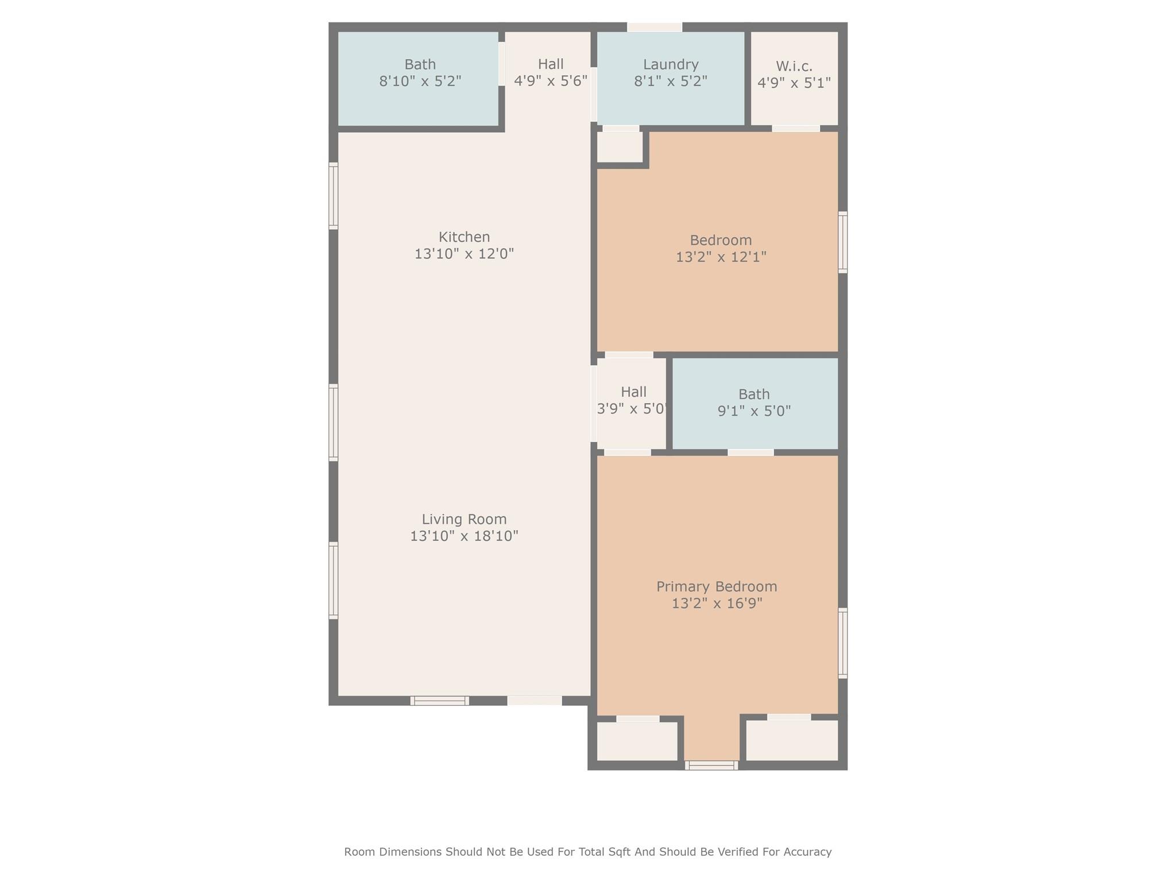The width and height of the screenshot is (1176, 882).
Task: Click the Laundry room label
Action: [670, 64]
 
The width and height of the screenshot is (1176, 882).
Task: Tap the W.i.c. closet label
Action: [794, 66]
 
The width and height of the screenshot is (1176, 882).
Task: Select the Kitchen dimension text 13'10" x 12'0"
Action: [464, 253]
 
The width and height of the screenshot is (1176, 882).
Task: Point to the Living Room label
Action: [464, 519]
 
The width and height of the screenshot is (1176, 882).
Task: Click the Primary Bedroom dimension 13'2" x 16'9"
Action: [717, 603]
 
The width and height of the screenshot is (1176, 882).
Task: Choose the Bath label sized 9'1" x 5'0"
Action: [754, 394]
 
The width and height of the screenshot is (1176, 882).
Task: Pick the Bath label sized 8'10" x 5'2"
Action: [420, 64]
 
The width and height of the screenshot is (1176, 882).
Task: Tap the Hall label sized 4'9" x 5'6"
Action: [551, 64]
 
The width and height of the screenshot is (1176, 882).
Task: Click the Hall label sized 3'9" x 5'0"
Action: [633, 392]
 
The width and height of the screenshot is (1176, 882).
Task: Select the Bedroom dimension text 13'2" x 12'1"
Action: [721, 257]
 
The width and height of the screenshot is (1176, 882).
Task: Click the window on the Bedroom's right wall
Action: [842, 242]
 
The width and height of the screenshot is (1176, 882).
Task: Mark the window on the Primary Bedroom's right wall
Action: [842, 643]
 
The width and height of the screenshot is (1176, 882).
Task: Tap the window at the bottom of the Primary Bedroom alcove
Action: [711, 765]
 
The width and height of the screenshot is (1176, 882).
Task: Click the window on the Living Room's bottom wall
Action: [440, 701]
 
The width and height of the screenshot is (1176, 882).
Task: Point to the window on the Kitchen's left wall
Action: [333, 196]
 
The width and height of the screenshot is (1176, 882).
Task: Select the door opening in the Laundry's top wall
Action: [655, 27]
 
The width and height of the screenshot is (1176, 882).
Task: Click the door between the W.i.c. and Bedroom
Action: [796, 129]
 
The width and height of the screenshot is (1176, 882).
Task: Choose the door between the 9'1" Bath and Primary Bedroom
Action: [751, 452]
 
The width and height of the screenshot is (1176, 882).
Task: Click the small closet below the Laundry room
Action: [620, 147]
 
